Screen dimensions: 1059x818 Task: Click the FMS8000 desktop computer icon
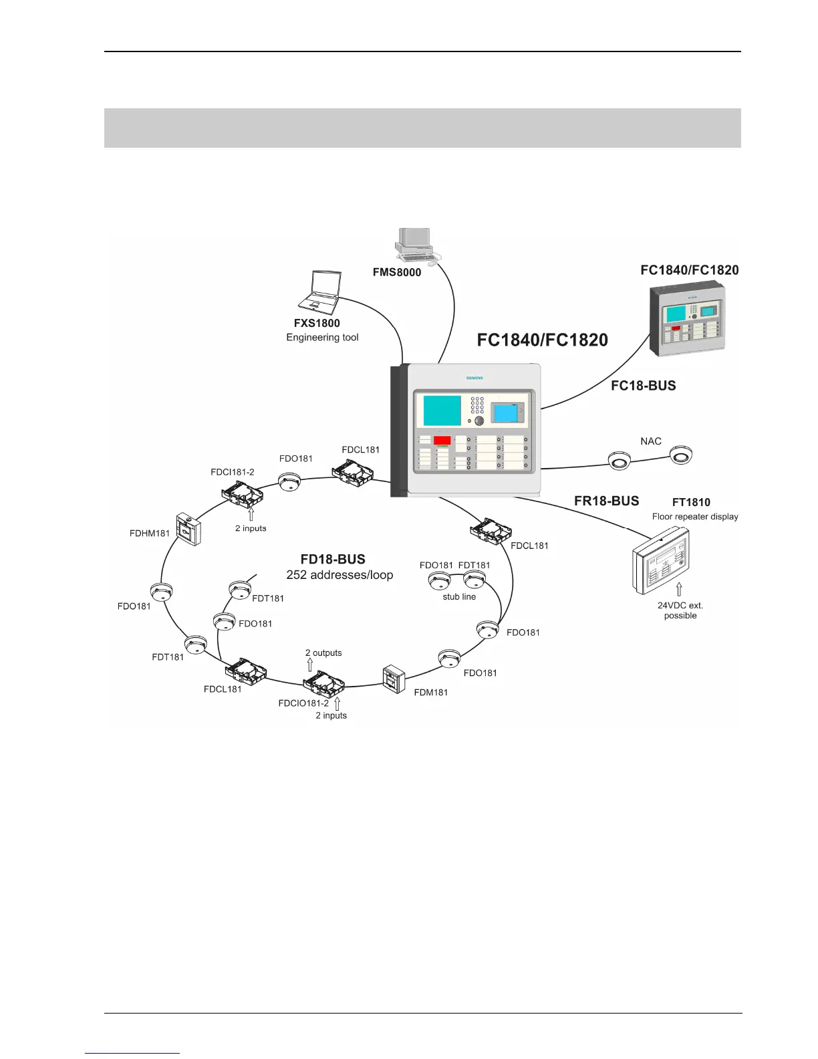(x=416, y=245)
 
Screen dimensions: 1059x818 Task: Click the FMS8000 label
(x=397, y=272)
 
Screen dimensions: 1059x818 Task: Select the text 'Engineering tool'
(x=322, y=338)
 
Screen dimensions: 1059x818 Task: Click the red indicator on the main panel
(x=442, y=441)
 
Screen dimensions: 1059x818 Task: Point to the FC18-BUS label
(x=643, y=386)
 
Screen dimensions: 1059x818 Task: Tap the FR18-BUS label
(x=606, y=501)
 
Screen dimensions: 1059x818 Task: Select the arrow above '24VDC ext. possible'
(x=680, y=589)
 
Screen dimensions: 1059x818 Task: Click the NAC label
(x=650, y=441)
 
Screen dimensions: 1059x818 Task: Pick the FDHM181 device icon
(x=188, y=529)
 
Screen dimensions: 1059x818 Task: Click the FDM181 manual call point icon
(x=394, y=679)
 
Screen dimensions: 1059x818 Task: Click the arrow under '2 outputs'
(x=310, y=665)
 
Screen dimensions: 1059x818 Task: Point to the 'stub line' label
(x=459, y=597)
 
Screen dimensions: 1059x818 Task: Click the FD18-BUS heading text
(x=333, y=560)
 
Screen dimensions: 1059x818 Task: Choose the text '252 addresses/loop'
(x=339, y=575)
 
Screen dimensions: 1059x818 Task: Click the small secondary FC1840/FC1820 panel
(x=688, y=318)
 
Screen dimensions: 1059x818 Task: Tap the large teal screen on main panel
(x=442, y=410)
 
